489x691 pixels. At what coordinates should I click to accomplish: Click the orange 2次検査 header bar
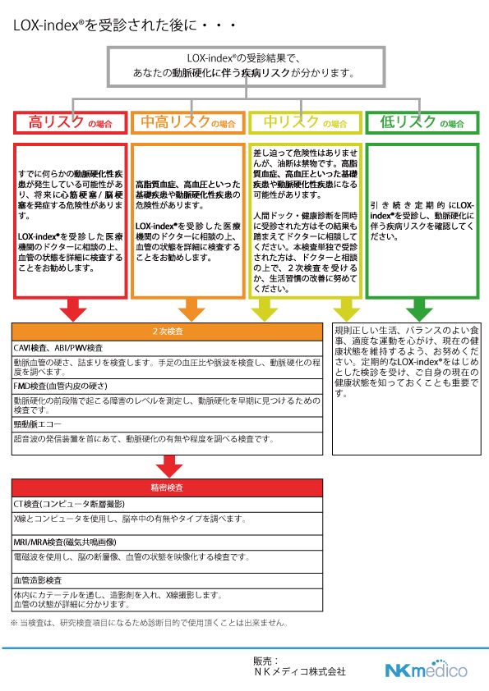168,332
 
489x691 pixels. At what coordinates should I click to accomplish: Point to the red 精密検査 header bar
168,487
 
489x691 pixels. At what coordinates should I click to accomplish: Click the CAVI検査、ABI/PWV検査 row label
58,348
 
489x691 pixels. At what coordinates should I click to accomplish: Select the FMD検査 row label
61,387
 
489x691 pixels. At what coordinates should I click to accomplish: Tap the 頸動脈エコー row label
38,424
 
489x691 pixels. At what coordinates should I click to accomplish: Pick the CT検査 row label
69,504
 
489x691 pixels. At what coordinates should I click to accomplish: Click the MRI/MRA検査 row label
65,542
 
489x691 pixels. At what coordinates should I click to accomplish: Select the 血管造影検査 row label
38,581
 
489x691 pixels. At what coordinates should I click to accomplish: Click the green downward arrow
419,310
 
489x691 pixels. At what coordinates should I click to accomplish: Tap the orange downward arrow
191,310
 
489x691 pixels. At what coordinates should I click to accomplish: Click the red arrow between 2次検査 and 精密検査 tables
169,466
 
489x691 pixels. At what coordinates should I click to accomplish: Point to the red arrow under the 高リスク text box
73,310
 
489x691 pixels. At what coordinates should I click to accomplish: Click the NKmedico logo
427,669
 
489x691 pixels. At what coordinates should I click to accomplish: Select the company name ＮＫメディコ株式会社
300,672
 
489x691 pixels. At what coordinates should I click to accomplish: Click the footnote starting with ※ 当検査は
150,623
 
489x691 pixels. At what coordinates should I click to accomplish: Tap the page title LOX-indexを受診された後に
124,25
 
